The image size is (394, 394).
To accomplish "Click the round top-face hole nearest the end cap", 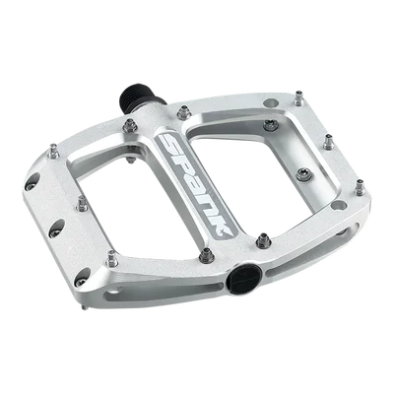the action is click(339, 206).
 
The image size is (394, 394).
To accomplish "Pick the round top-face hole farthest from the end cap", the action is click(271, 102).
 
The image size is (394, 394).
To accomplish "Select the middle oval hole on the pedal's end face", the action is click(58, 228).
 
